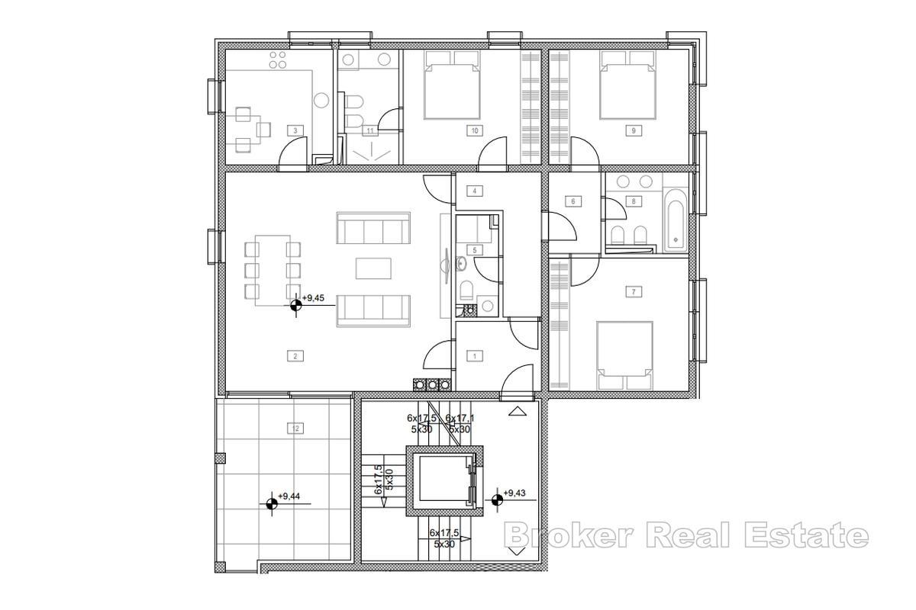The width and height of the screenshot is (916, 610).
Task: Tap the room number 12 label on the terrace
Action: pos(295,429)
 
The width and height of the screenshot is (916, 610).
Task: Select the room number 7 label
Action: pos(633,291)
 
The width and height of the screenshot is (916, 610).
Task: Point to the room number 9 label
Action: pos(633,130)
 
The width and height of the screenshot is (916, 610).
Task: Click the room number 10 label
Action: pos(475,130)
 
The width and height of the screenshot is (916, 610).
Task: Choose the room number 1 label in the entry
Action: pos(475,355)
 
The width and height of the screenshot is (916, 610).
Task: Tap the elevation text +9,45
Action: pos(319,299)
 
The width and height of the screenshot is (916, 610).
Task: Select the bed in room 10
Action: pos(453,85)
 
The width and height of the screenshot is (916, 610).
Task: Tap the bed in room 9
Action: pos(629,85)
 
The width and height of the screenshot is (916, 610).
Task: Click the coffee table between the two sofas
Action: pos(373,268)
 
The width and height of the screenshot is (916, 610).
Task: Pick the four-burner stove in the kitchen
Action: pos(278,61)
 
